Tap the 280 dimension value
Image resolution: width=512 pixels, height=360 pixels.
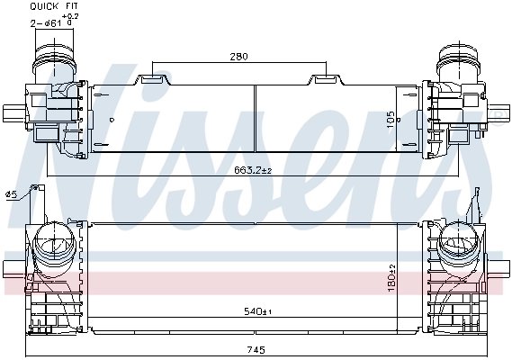click(x=238, y=57)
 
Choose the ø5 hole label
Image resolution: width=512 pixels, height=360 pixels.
click(x=11, y=193)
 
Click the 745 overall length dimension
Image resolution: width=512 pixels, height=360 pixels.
click(x=257, y=351)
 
